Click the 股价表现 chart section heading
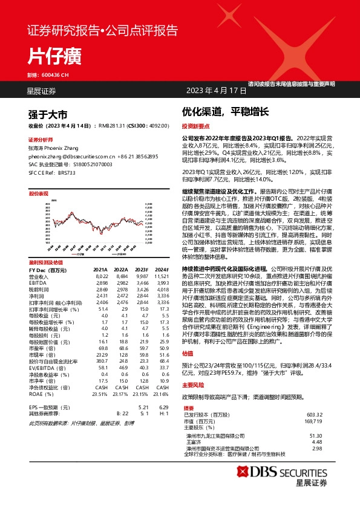click(x=39, y=193)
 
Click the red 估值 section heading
click(x=188, y=354)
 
